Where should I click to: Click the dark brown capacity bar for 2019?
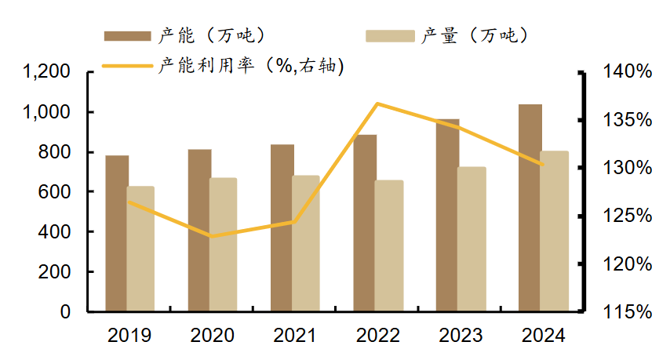pyautogui.click(x=117, y=233)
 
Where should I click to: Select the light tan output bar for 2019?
pyautogui.click(x=141, y=249)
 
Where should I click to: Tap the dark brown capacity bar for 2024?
pyautogui.click(x=530, y=208)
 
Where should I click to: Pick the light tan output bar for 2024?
pyautogui.click(x=555, y=231)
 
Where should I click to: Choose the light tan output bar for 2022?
pyautogui.click(x=389, y=245)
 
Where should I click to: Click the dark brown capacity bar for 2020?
pyautogui.click(x=199, y=230)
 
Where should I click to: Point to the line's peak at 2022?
pyautogui.click(x=377, y=104)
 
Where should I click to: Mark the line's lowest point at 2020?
pyautogui.click(x=212, y=236)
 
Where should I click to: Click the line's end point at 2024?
pyautogui.click(x=543, y=165)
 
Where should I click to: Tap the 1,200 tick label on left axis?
pyautogui.click(x=46, y=71)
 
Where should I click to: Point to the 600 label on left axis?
pyautogui.click(x=53, y=191)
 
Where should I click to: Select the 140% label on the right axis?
pyautogui.click(x=627, y=71)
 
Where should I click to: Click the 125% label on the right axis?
pyautogui.click(x=627, y=216)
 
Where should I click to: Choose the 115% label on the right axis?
pyautogui.click(x=627, y=312)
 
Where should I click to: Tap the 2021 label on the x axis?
pyautogui.click(x=294, y=336)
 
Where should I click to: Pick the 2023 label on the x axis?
pyautogui.click(x=461, y=336)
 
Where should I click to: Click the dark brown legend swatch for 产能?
pyautogui.click(x=127, y=36)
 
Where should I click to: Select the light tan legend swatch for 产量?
pyautogui.click(x=390, y=36)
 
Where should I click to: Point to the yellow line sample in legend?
pyautogui.click(x=127, y=66)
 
